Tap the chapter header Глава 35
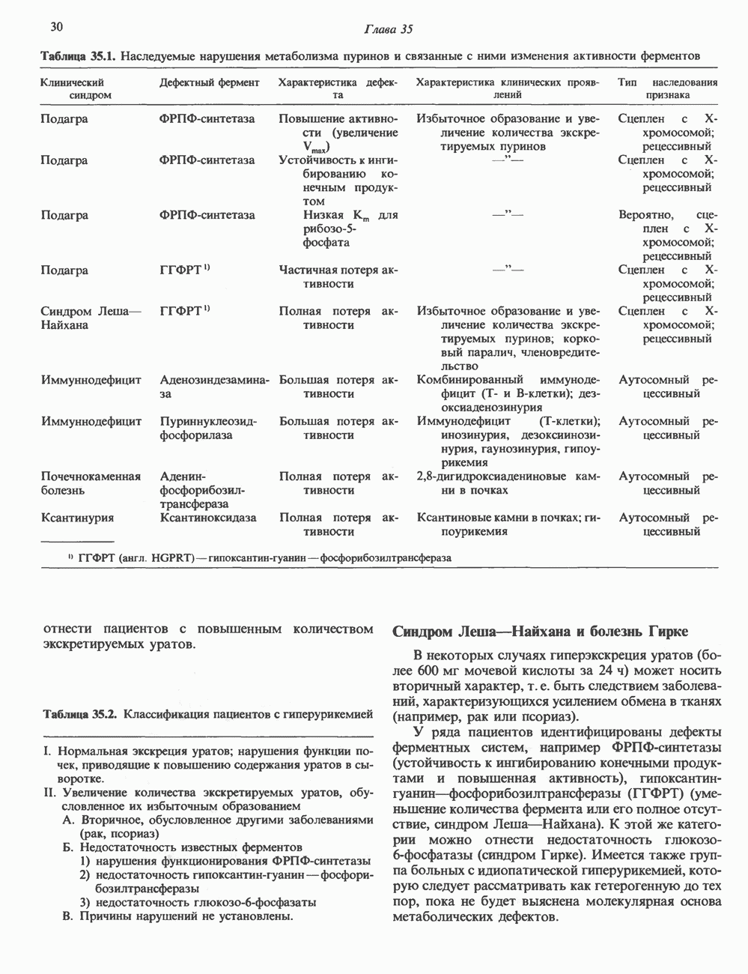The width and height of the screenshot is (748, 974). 387,30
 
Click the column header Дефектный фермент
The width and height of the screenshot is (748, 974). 210,82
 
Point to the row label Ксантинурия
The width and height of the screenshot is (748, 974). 77,518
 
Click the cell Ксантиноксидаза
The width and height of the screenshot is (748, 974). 208,518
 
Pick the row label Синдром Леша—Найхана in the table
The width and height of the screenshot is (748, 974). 86,318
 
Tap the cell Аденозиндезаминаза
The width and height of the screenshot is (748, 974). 214,387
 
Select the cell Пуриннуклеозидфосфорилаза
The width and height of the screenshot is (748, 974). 208,428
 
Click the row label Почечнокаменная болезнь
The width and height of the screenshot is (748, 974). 91,483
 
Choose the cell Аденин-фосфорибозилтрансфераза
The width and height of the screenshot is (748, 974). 203,490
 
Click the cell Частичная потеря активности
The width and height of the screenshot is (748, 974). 338,277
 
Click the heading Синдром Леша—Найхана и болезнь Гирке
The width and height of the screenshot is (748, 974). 540,631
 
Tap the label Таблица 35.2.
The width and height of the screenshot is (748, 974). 79,713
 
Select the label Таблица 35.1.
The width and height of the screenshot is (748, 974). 79,55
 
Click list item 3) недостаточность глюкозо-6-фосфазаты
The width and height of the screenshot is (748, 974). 198,902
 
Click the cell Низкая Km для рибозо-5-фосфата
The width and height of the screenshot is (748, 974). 338,229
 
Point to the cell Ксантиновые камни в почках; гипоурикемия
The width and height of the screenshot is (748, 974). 509,524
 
